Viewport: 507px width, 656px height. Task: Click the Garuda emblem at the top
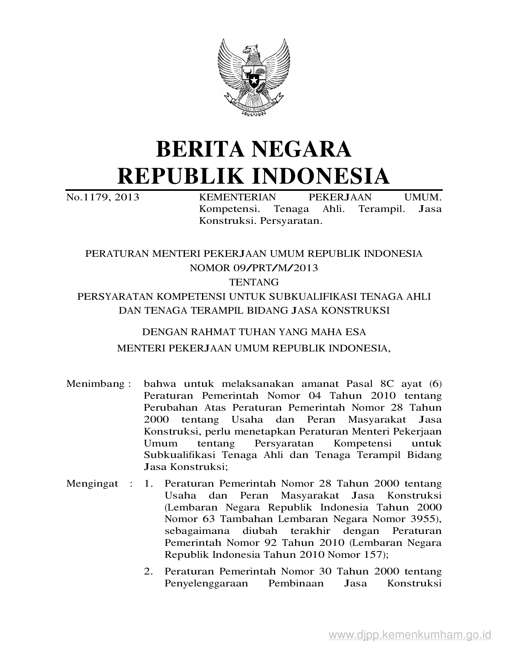pyautogui.click(x=253, y=77)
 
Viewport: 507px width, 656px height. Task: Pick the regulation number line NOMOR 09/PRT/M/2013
pyautogui.click(x=254, y=268)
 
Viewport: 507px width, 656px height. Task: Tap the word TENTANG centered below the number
pyautogui.click(x=254, y=282)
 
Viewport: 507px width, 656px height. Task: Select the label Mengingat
pyautogui.click(x=92, y=484)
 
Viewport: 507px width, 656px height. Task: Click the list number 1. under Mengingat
pyautogui.click(x=148, y=484)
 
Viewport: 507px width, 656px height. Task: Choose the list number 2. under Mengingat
pyautogui.click(x=148, y=572)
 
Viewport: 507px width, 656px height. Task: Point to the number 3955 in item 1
pyautogui.click(x=422, y=519)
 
